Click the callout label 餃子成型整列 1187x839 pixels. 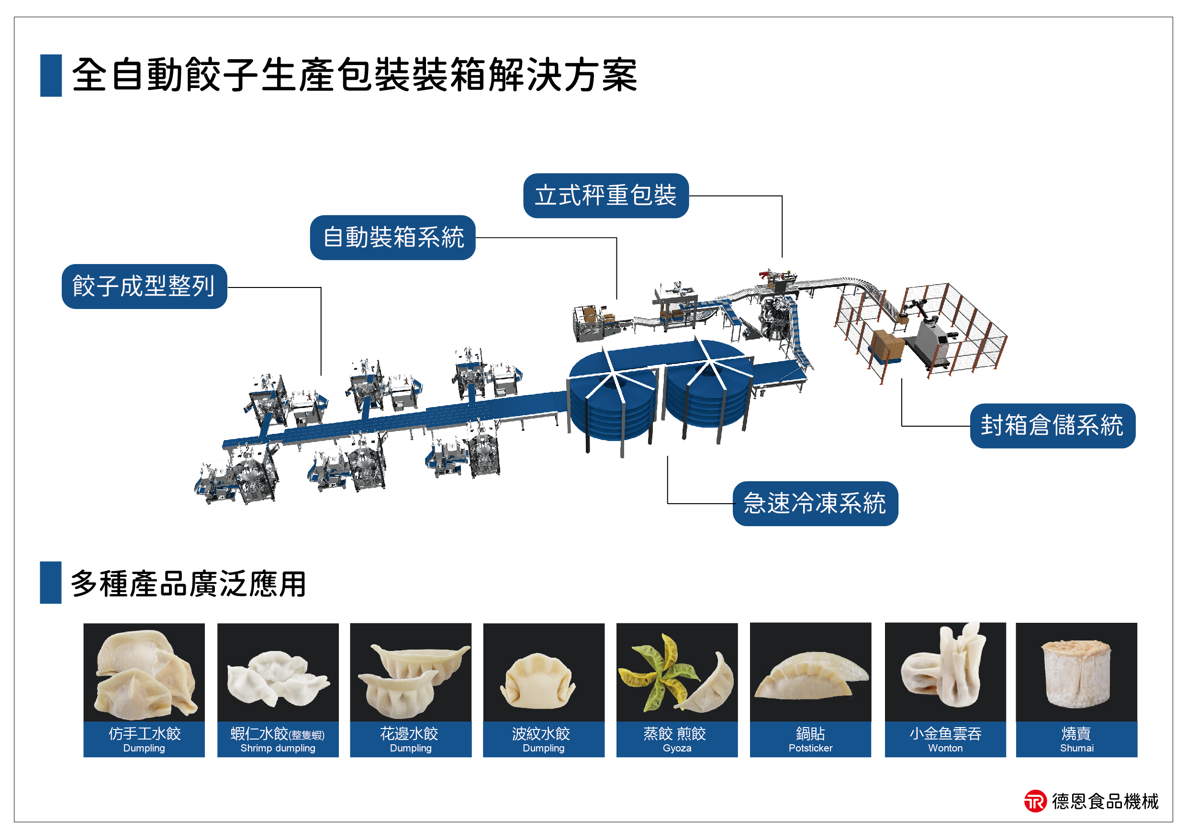(x=144, y=286)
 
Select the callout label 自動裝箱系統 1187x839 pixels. (x=393, y=238)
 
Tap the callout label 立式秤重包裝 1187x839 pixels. (x=606, y=196)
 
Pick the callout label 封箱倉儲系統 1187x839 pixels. (x=1053, y=426)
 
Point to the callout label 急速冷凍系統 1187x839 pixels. (x=815, y=503)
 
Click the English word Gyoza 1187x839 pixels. (x=677, y=748)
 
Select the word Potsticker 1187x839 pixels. (x=811, y=748)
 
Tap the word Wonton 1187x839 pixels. (x=946, y=748)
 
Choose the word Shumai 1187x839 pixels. (x=1077, y=748)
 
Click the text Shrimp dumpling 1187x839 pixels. (x=278, y=748)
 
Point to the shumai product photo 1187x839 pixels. (x=1077, y=673)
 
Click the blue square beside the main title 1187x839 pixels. (x=51, y=76)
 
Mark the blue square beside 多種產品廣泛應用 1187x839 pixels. (x=51, y=582)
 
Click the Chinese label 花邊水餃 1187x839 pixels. (x=409, y=734)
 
